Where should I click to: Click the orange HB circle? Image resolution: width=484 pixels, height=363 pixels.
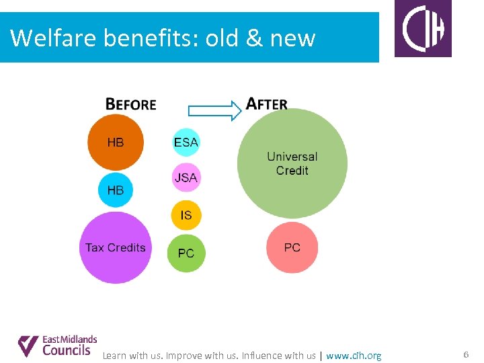116,143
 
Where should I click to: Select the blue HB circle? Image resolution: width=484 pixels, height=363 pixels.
116,190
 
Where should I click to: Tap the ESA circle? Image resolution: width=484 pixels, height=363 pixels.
186,143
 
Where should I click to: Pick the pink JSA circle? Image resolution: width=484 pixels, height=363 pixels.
186,177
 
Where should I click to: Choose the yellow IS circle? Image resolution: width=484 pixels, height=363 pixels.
186,215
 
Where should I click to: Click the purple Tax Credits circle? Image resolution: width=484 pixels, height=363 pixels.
116,247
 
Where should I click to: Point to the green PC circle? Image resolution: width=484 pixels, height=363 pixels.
186,253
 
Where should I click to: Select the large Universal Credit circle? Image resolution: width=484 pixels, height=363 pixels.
292,163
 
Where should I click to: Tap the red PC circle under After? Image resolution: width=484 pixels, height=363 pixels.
292,247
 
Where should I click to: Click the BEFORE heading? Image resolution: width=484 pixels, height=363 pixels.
131,104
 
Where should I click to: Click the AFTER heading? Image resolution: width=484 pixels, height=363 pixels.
267,104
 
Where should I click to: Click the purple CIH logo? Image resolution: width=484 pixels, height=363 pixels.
423,29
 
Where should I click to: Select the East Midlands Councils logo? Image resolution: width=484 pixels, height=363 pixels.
57,346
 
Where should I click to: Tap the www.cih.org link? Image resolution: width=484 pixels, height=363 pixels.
354,356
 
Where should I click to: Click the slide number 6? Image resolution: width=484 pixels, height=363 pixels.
465,354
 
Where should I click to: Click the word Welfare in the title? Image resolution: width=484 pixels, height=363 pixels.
54,38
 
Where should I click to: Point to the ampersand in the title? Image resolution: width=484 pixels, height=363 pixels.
254,38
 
